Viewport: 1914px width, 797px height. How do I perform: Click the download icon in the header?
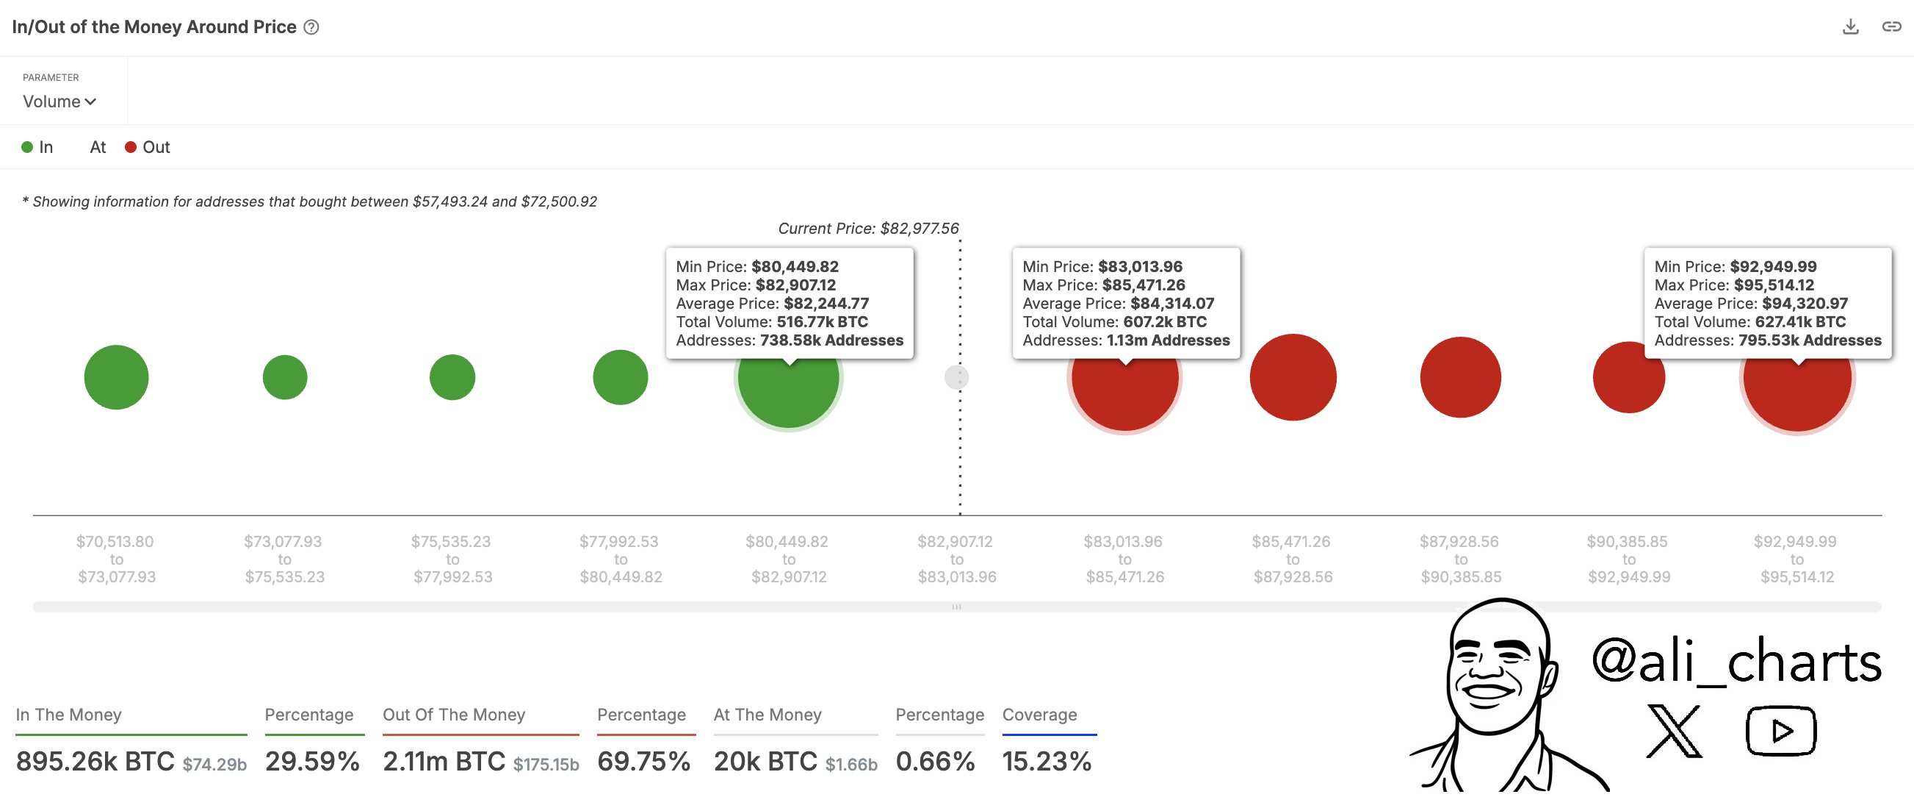coord(1850,26)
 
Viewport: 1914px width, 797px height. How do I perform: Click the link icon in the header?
coord(1891,26)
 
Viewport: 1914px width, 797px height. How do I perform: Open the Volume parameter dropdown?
coord(59,102)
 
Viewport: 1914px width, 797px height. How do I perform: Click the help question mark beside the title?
coord(312,27)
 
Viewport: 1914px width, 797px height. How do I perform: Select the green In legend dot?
coord(27,147)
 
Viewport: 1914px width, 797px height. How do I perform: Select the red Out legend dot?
coord(131,147)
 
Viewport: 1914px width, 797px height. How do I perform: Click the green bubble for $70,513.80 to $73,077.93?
coord(117,377)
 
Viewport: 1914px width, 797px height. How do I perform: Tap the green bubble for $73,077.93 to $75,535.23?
coord(284,377)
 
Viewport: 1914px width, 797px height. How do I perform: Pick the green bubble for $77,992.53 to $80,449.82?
coord(621,377)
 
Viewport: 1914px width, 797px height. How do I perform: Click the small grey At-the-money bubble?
coord(956,378)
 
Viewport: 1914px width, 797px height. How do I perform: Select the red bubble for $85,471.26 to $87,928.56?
coord(1293,377)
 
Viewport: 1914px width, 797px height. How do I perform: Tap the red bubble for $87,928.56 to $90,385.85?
coord(1460,377)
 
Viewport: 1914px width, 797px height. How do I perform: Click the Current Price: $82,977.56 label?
coord(868,228)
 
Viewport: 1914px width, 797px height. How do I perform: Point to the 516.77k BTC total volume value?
coord(822,322)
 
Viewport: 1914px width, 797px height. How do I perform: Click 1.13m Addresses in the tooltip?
coord(1168,340)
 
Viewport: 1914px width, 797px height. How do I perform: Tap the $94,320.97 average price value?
coord(1805,304)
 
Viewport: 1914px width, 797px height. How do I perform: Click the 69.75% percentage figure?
coord(643,761)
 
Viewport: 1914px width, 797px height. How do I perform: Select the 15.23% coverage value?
coord(1046,761)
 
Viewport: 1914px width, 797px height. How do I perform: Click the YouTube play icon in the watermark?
coord(1781,732)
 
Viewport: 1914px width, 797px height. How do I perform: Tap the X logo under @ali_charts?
coord(1674,732)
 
